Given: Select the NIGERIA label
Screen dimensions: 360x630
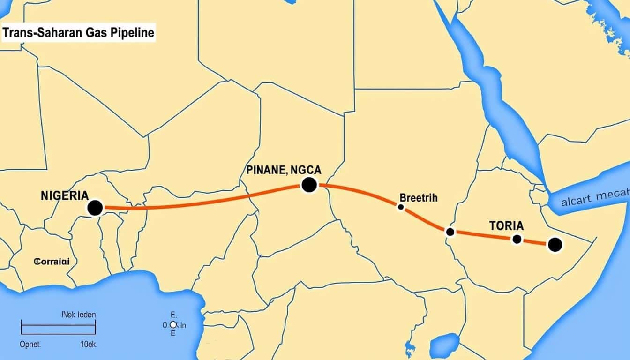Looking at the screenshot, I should pyautogui.click(x=64, y=196).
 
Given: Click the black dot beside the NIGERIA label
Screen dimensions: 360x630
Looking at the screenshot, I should pyautogui.click(x=95, y=208).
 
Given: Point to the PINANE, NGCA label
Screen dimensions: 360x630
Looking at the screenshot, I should pyautogui.click(x=284, y=170).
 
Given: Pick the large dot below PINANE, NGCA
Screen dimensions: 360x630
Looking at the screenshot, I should pyautogui.click(x=309, y=185).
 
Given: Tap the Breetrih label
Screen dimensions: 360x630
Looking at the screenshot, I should pyautogui.click(x=419, y=197).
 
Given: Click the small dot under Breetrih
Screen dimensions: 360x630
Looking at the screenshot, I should pyautogui.click(x=401, y=207).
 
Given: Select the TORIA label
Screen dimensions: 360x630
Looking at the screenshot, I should pyautogui.click(x=506, y=225).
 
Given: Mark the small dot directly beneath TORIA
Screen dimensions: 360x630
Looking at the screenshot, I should pyautogui.click(x=517, y=239).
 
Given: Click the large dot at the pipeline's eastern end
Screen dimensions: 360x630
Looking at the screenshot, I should pyautogui.click(x=555, y=245).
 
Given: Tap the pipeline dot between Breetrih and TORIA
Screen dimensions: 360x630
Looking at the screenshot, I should pyautogui.click(x=450, y=232).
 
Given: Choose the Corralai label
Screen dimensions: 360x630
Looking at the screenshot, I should pyautogui.click(x=52, y=262).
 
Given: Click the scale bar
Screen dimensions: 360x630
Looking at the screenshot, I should pyautogui.click(x=58, y=327).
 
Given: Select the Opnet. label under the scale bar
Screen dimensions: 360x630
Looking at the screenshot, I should pyautogui.click(x=30, y=344).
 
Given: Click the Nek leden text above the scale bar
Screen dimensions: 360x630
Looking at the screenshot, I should pyautogui.click(x=78, y=315).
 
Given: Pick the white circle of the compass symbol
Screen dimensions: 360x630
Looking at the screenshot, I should pyautogui.click(x=173, y=324).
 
